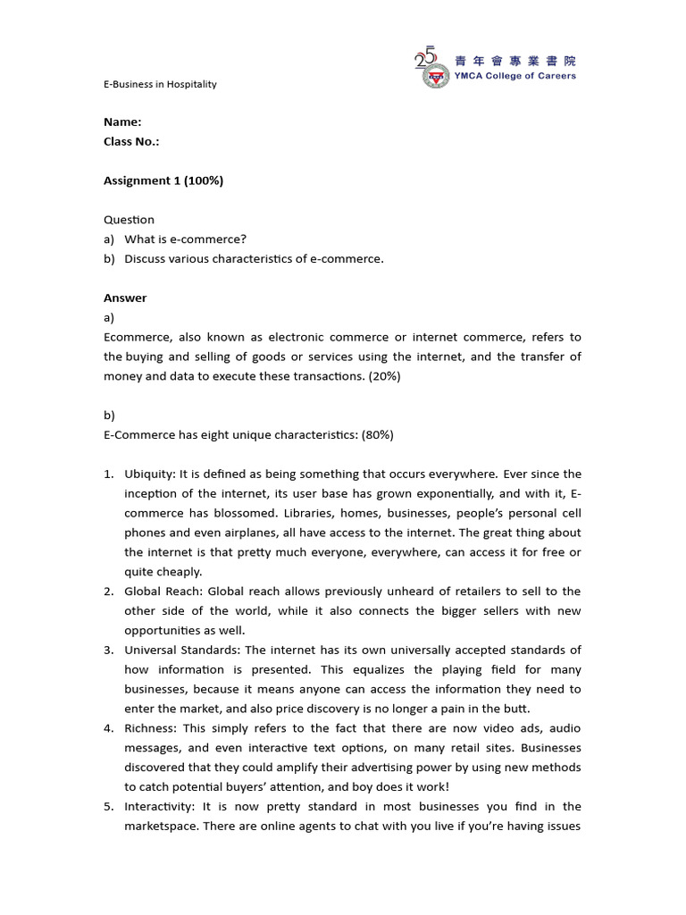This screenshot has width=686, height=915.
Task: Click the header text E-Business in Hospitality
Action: click(160, 84)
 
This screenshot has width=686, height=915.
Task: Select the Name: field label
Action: click(122, 122)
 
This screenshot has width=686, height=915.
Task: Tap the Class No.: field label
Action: click(131, 141)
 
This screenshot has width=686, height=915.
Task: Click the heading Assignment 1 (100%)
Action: click(163, 180)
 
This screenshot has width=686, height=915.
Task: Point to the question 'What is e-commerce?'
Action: click(185, 239)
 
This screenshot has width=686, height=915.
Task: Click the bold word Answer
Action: click(125, 298)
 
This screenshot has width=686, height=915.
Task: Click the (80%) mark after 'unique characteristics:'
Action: click(374, 434)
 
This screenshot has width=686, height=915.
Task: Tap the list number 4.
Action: click(108, 728)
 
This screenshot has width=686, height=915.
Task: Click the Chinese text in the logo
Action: click(515, 61)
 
